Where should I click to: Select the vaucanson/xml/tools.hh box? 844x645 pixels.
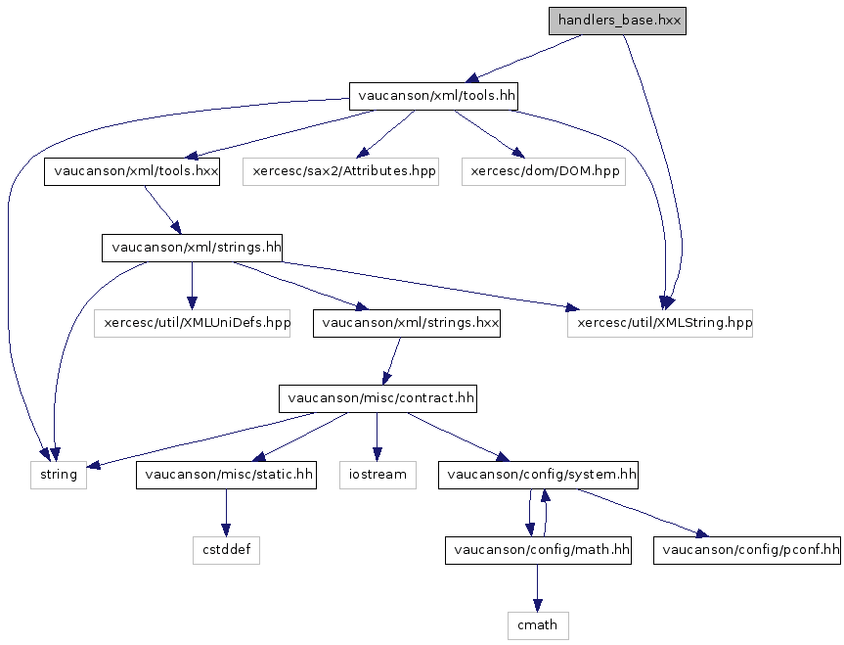[x=433, y=96]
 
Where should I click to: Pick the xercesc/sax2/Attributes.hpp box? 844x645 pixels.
[x=342, y=171]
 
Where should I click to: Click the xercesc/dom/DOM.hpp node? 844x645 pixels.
[x=545, y=171]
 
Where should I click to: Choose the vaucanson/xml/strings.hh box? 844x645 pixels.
[x=193, y=248]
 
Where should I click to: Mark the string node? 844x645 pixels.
[x=57, y=476]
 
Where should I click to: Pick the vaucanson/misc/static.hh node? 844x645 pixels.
[x=226, y=476]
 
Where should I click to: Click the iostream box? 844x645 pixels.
[x=377, y=476]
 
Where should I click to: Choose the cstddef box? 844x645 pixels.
[x=226, y=551]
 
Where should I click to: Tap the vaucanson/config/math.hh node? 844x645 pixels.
[x=538, y=551]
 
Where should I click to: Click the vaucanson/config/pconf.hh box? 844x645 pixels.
[x=748, y=551]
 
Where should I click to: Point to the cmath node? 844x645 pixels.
[x=538, y=624]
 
